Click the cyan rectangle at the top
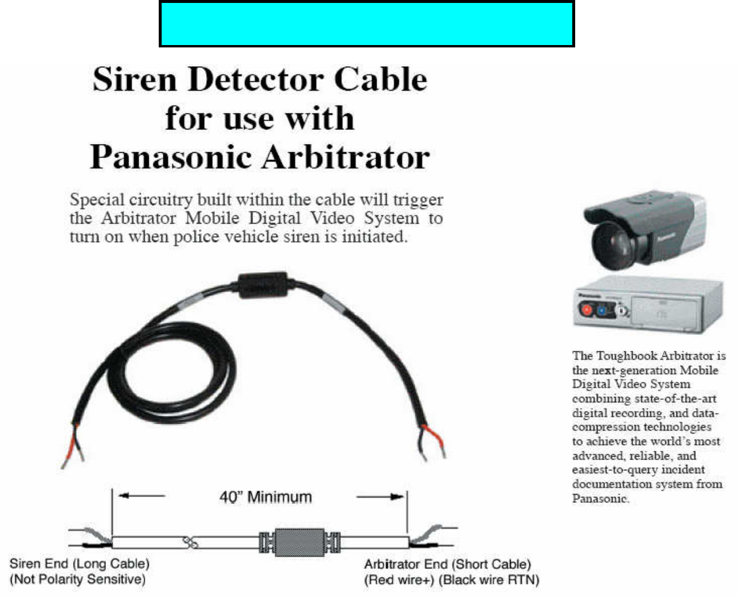pyautogui.click(x=367, y=25)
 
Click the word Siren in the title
pyautogui.click(x=134, y=79)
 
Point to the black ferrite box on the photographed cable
pyautogui.click(x=263, y=285)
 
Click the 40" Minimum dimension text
pyautogui.click(x=265, y=497)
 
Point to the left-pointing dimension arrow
pyautogui.click(x=141, y=496)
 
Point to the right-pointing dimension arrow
pyautogui.click(x=381, y=497)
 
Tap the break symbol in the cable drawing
pyautogui.click(x=190, y=542)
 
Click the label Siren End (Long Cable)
pyautogui.click(x=80, y=564)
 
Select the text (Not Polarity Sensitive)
pyautogui.click(x=77, y=579)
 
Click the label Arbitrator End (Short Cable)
pyautogui.click(x=447, y=564)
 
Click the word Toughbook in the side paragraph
pyautogui.click(x=626, y=356)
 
